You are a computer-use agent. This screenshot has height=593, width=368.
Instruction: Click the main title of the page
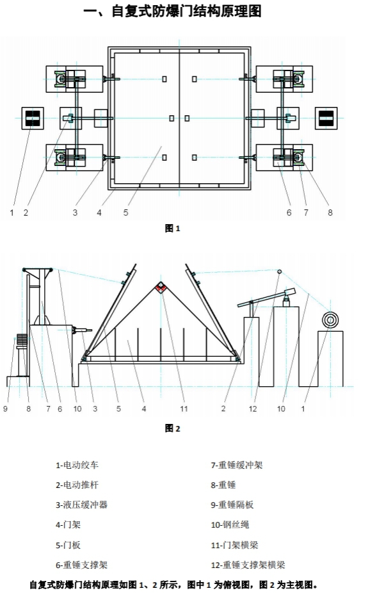coord(172,11)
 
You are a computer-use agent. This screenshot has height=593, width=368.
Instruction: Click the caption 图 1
coord(173,229)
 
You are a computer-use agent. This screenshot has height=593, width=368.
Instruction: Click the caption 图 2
coord(173,428)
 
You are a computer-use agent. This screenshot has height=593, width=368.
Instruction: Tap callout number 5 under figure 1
coord(126,213)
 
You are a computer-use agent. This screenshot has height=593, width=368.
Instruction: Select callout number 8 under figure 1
coord(330,213)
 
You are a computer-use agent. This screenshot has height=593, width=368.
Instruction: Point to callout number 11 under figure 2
coord(184,409)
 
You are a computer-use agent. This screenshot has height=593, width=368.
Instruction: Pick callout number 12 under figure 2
coord(253,409)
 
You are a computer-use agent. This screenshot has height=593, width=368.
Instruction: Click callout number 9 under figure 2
coord(5,409)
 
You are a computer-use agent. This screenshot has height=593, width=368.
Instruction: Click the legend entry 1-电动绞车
coord(77,465)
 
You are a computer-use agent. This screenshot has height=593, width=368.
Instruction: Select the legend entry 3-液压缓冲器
coord(82,505)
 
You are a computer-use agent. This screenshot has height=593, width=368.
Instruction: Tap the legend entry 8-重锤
coord(223,485)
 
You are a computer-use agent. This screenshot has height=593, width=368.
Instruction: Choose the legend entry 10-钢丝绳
coord(230,525)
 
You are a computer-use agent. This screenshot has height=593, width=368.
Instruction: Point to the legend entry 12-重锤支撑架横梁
coord(248,565)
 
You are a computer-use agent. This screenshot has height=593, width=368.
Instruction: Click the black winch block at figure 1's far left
coord(33,118)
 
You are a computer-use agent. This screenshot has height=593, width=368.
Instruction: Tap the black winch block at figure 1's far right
coord(326,118)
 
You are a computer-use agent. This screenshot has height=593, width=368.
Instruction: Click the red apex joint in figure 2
coord(161,288)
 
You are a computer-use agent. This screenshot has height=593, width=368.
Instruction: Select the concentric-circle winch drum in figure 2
coord(331,320)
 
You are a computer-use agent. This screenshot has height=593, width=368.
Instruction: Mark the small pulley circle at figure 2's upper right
coord(280,272)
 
